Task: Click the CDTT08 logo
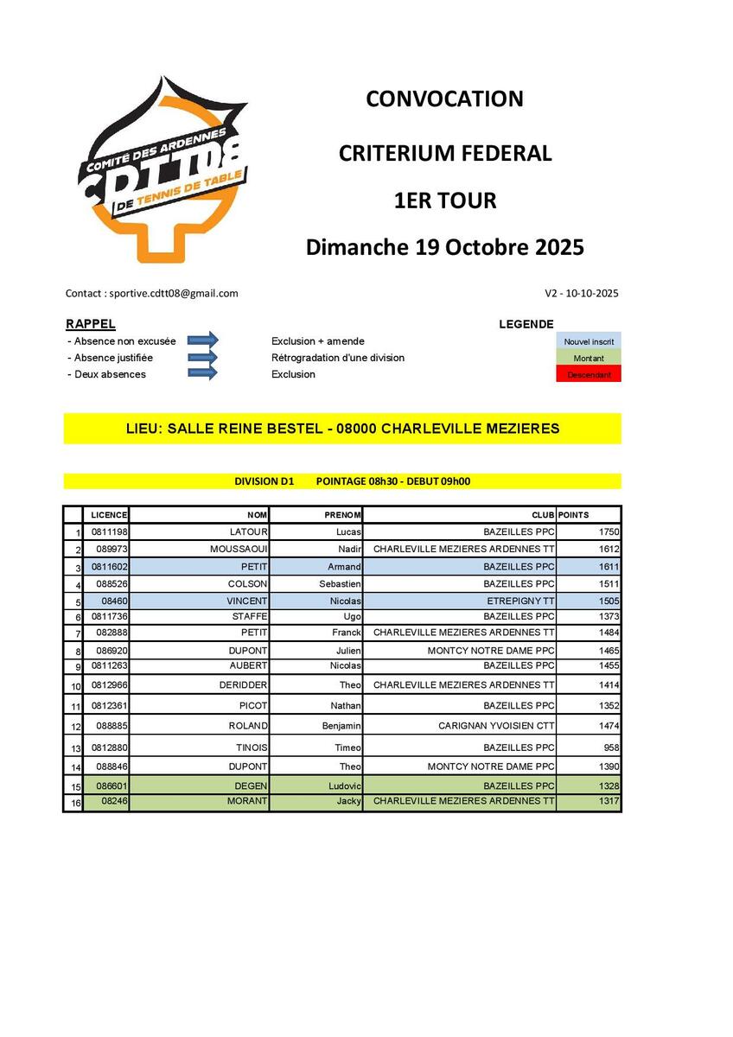pyautogui.click(x=165, y=169)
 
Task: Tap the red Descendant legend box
pyautogui.click(x=588, y=374)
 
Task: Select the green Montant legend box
pyautogui.click(x=588, y=358)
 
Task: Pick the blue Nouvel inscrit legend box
pyautogui.click(x=588, y=341)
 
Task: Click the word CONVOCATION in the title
pyautogui.click(x=444, y=99)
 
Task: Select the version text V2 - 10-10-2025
pyautogui.click(x=582, y=293)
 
